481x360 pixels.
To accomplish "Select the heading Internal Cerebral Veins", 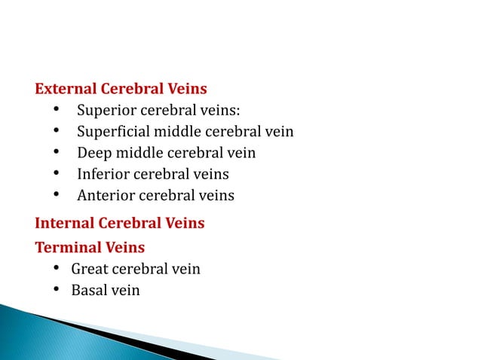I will pos(119,224).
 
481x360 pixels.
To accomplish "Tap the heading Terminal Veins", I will pos(90,247).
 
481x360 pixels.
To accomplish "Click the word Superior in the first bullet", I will pos(103,112).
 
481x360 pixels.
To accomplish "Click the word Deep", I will pos(93,154).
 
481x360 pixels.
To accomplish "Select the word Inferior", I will pos(103,175).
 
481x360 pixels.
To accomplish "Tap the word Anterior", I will pos(104,196).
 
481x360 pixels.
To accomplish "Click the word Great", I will pos(89,269).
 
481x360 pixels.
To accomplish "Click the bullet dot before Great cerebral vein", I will pos(57,269).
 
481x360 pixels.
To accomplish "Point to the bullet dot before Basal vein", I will pos(57,290).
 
